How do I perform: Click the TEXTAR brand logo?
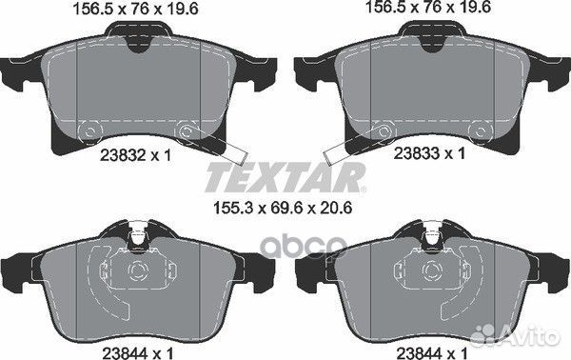click(285, 177)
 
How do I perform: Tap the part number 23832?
click(123, 156)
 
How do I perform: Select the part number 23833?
click(417, 153)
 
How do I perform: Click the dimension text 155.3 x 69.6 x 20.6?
click(282, 209)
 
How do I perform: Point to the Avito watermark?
click(514, 334)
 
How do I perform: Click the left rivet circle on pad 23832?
click(89, 131)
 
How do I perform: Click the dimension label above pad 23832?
click(136, 9)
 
